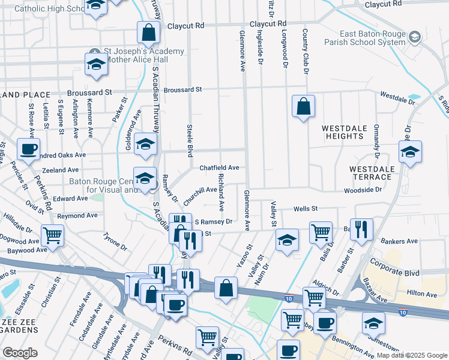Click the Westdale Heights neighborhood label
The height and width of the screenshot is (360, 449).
342,132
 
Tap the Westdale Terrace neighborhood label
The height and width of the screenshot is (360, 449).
372,173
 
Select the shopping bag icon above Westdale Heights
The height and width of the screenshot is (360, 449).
304,107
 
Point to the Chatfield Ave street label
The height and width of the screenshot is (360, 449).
219,168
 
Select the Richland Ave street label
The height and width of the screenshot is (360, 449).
221,192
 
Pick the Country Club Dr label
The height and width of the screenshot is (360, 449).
305,52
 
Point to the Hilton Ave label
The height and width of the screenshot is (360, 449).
423,294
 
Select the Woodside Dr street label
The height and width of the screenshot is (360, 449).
363,190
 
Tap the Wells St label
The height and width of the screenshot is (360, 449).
305,209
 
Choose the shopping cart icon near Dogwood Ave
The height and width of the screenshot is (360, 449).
53,235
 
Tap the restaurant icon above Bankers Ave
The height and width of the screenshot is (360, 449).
361,229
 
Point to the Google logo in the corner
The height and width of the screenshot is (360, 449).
20,352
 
